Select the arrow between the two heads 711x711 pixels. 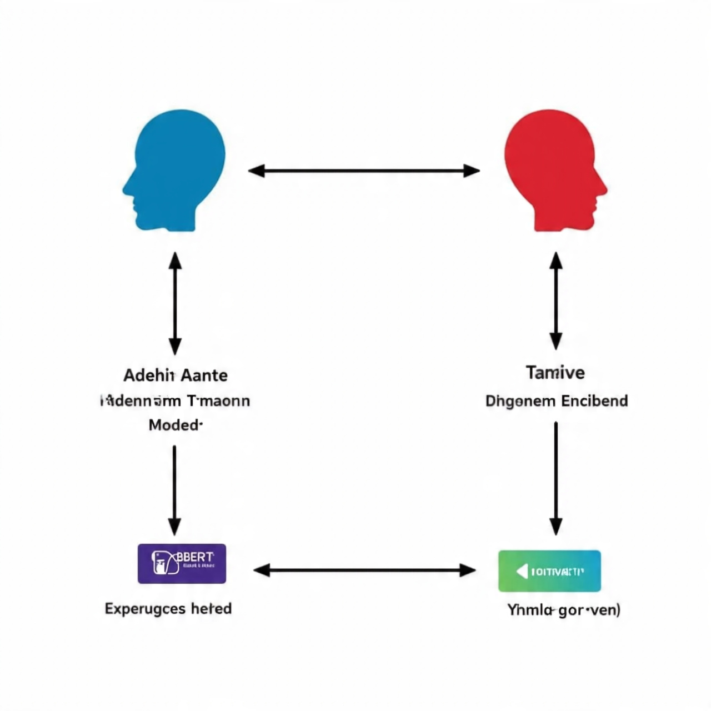(364, 171)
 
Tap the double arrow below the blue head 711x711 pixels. (175, 303)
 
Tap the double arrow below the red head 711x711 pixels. (555, 301)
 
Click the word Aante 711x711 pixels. (204, 375)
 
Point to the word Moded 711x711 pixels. (174, 425)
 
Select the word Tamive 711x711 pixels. (555, 372)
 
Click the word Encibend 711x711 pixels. (594, 401)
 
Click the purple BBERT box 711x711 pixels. (182, 563)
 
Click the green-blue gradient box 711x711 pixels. (549, 571)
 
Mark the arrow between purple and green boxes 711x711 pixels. (364, 570)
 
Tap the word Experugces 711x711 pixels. (145, 609)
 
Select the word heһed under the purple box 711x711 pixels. (211, 609)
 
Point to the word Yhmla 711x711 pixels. (530, 610)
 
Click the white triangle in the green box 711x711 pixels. (522, 571)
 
